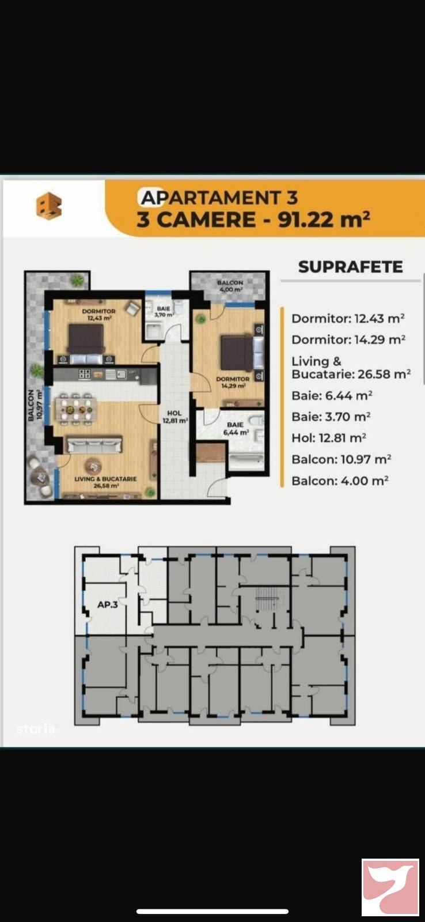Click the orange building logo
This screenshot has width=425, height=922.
[x=48, y=206]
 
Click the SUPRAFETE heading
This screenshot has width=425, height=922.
[x=350, y=267]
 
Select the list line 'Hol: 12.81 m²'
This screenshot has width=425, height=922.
[x=328, y=438]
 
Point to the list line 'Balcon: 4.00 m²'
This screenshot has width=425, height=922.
[x=339, y=481]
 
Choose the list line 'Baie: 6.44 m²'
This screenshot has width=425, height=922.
[x=331, y=395]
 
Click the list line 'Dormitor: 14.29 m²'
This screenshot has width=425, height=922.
[x=348, y=339]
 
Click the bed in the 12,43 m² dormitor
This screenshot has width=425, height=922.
[x=86, y=338]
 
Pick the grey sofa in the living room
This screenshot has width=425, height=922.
[x=94, y=445]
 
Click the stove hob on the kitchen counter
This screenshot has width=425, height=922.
[x=85, y=374]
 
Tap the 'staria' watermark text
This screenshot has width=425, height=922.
[x=36, y=729]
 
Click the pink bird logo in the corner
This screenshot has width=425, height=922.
[x=390, y=887]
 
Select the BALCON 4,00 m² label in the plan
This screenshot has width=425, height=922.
[x=230, y=286]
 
